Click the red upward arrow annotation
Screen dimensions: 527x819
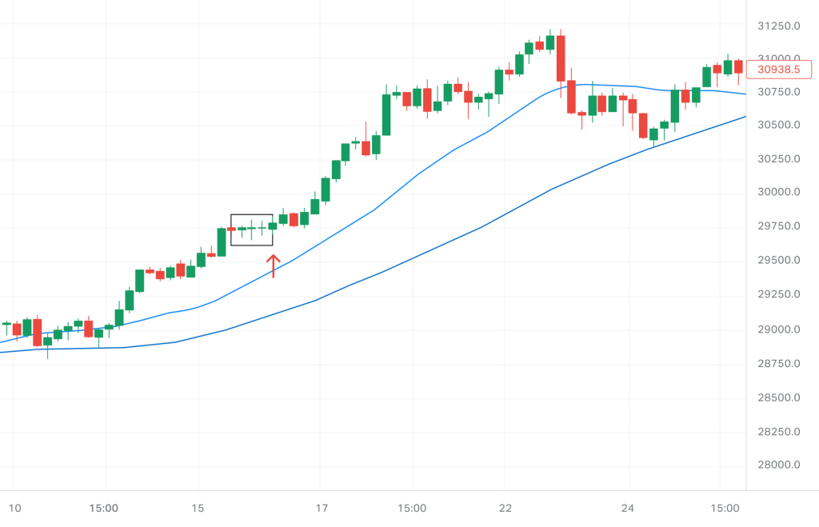273,265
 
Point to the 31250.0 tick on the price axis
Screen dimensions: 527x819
778,26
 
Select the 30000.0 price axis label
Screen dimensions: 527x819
778,192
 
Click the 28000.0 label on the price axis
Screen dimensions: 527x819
778,465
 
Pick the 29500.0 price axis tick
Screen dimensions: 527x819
778,261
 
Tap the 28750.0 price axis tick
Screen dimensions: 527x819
778,363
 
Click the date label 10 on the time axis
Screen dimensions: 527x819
14,509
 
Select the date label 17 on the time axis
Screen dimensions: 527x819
322,509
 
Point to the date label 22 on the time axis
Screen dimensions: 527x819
505,509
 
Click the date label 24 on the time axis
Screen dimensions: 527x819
628,509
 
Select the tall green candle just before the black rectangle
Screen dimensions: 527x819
222,242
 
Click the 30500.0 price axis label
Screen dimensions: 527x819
778,125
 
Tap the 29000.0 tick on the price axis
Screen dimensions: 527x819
778,329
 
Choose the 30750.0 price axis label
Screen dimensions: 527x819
778,92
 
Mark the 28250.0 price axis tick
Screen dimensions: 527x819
778,432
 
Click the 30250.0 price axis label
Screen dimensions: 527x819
778,158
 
